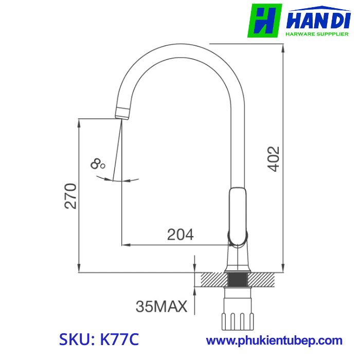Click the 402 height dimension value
[x=274, y=159]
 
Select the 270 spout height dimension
[x=70, y=196]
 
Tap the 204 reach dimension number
[x=181, y=235]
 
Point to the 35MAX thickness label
[x=161, y=307]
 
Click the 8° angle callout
[x=97, y=165]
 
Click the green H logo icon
[x=264, y=21]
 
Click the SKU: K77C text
[x=99, y=340]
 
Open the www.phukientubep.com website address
[x=274, y=340]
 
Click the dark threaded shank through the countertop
[x=238, y=280]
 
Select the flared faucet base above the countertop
[x=238, y=262]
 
